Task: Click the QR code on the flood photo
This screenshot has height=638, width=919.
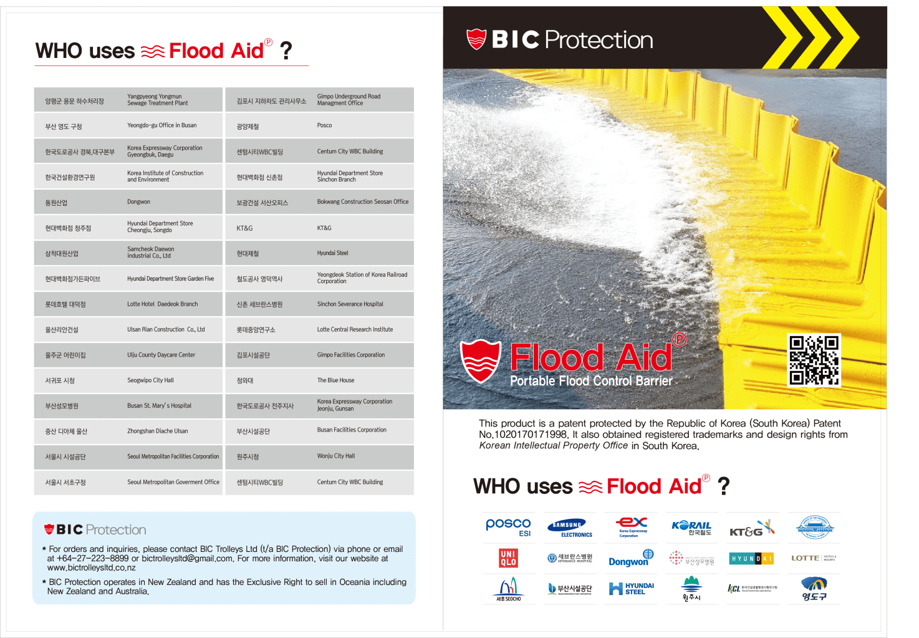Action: coord(814,360)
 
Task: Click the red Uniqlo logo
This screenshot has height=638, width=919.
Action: coord(508,558)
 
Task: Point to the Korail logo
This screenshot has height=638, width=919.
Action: coord(691,528)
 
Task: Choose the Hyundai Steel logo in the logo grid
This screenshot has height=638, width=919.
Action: coord(631,589)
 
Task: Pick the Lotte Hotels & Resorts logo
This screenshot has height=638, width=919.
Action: coord(814,558)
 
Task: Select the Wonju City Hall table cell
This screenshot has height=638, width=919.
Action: coord(335,457)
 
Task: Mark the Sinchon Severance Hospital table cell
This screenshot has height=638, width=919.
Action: coord(350,304)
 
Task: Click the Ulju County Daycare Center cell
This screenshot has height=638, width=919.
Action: coord(161,355)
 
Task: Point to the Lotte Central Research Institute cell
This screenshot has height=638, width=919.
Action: coord(355,330)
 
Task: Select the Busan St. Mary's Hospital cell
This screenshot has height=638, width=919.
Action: coord(159,406)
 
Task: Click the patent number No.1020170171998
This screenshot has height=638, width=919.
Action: coord(523,435)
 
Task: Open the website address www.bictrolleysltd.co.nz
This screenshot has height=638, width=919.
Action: coord(92,568)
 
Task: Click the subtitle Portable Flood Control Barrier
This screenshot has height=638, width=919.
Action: coord(591,381)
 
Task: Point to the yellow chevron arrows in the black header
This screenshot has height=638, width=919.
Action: coord(810,37)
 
